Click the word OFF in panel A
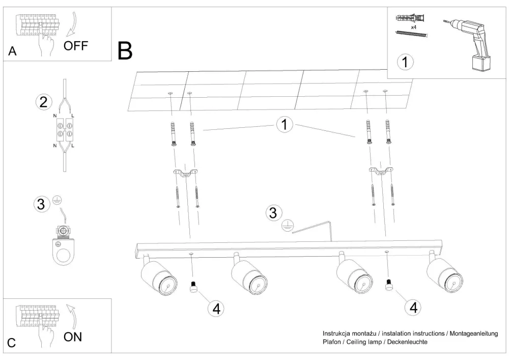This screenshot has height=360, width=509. coord(76,46)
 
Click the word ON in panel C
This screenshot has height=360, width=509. coord(72,337)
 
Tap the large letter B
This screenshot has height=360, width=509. coord(125,51)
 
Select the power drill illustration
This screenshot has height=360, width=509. coord(470,43)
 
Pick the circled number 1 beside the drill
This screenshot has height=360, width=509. coord(405,62)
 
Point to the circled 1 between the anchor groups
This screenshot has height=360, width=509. coord(285,124)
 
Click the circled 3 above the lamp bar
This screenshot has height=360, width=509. coord(274,212)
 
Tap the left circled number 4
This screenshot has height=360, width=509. coord(216,308)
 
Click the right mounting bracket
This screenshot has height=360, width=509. coord(381,172)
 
